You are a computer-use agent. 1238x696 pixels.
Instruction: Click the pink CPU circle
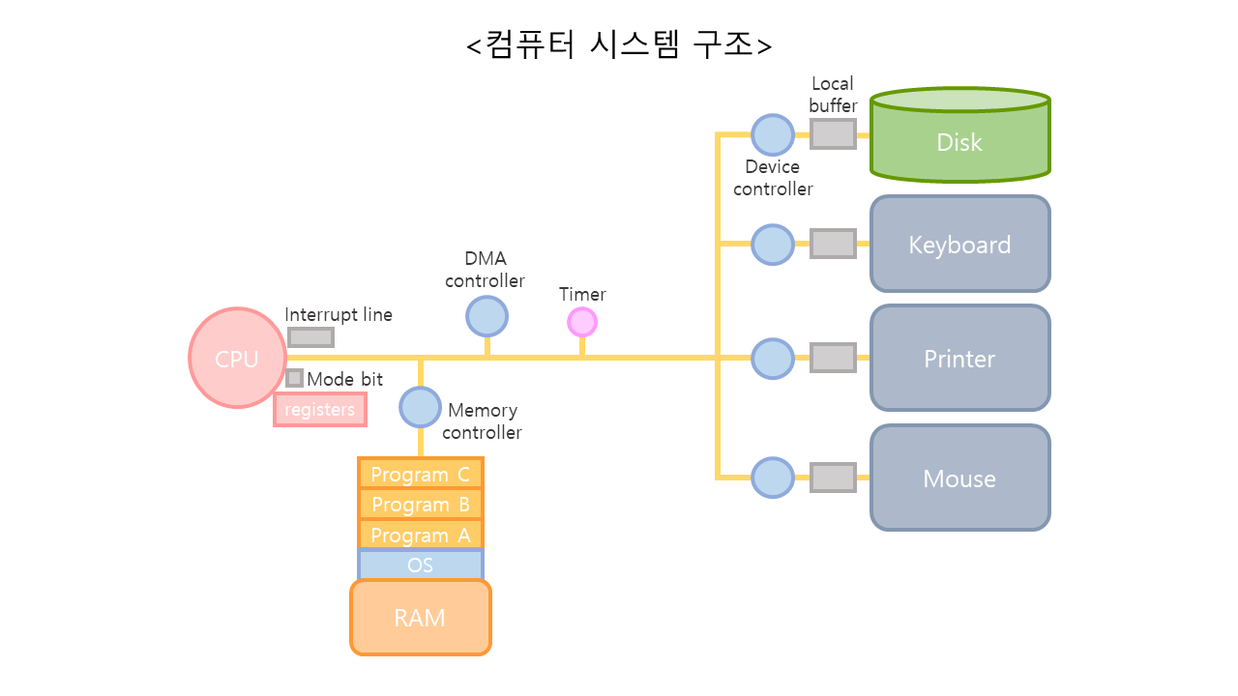click(237, 358)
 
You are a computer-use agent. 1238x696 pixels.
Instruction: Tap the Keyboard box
click(959, 244)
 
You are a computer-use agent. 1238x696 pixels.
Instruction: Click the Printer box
click(959, 358)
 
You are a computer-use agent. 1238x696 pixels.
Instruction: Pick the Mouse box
click(959, 478)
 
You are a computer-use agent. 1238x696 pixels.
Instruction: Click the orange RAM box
click(420, 617)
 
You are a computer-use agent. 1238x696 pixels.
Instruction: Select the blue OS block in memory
click(420, 565)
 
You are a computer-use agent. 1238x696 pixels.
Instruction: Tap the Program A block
click(420, 535)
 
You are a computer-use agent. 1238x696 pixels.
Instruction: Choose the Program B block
click(420, 504)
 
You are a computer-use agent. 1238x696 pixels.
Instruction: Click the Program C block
click(420, 474)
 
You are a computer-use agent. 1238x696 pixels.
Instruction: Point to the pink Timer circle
click(581, 322)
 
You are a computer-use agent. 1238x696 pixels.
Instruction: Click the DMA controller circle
click(486, 316)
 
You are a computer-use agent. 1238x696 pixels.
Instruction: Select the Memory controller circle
click(420, 407)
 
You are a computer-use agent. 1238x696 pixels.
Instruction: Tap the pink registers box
click(320, 409)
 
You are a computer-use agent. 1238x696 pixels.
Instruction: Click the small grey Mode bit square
click(294, 378)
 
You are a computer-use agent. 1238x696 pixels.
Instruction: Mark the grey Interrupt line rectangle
click(310, 336)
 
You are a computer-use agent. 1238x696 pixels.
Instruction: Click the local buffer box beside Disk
click(832, 133)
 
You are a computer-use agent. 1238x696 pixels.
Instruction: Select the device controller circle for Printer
click(772, 358)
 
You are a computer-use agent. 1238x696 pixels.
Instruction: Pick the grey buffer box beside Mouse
click(832, 478)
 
